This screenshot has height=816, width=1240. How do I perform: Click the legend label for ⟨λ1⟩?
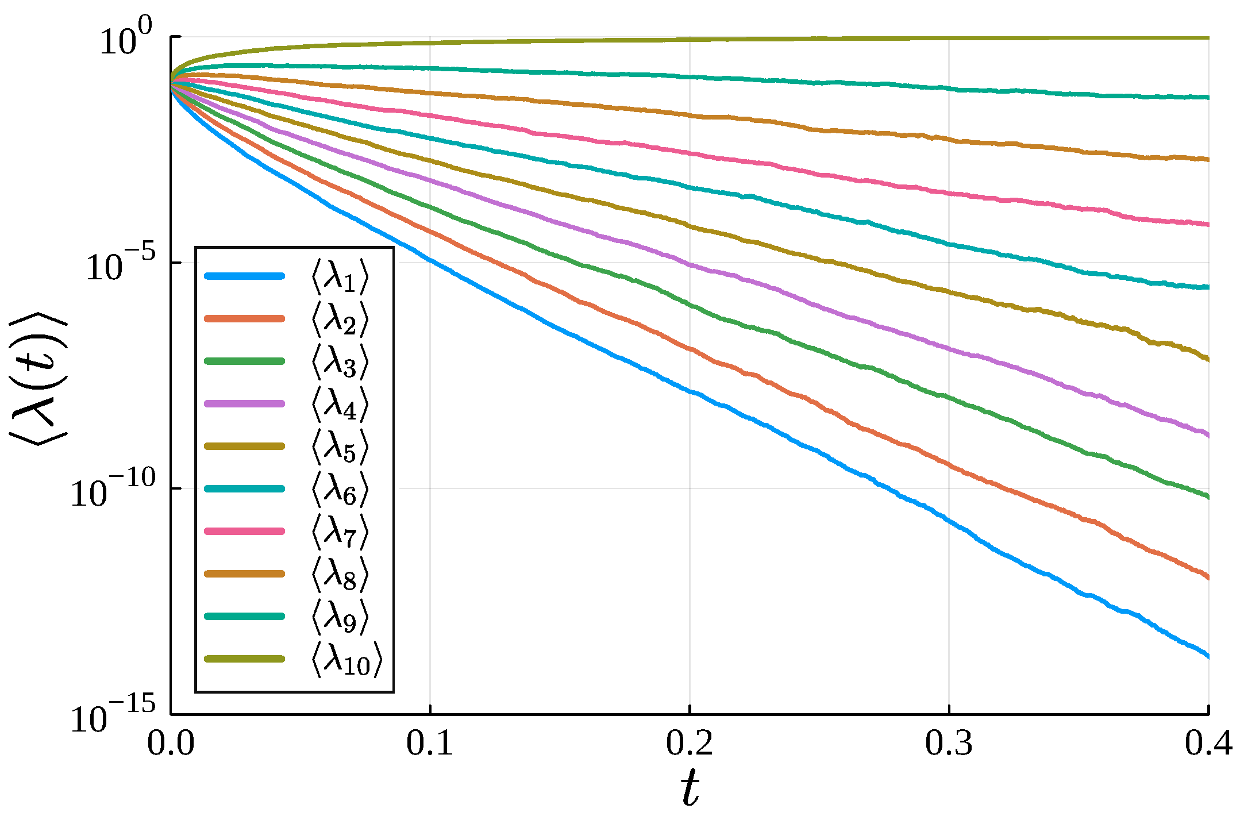[x=339, y=277]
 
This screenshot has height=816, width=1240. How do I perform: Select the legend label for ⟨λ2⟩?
[x=339, y=320]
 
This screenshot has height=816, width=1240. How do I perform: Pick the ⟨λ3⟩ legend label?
[x=339, y=362]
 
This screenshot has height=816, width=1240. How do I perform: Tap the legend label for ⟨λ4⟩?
[x=339, y=405]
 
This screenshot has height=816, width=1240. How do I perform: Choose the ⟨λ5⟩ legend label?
[x=339, y=447]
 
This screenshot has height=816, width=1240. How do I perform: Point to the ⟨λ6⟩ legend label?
[x=339, y=490]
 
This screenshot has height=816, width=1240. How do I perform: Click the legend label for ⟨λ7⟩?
[x=339, y=532]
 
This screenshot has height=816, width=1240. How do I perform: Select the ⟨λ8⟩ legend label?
[x=339, y=575]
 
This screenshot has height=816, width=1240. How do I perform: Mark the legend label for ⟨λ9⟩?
[x=339, y=617]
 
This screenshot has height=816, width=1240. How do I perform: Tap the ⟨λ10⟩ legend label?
[x=346, y=660]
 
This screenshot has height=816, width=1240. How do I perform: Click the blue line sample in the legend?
[x=245, y=276]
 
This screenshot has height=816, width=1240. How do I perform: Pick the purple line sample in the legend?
[x=245, y=403]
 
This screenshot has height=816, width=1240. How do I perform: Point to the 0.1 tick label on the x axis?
[x=430, y=744]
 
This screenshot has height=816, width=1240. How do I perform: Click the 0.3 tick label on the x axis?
[x=949, y=744]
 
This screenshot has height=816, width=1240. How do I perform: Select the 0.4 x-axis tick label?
[x=1208, y=744]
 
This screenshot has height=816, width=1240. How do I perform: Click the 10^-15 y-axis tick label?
[x=113, y=716]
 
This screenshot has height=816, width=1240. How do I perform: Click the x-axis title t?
[x=690, y=788]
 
